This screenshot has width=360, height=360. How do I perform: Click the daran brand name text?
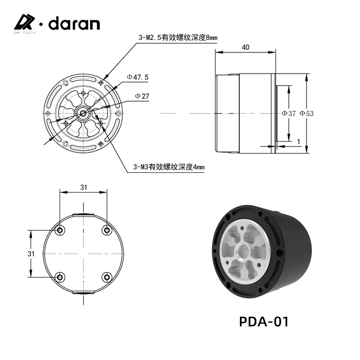(x=74, y=24)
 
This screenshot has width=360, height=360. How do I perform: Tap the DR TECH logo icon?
(x=24, y=23)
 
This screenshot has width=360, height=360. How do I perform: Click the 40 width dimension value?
(x=245, y=47)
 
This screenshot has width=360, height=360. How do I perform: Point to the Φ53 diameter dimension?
(x=306, y=113)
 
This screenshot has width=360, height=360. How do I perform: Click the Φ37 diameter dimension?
(x=288, y=113)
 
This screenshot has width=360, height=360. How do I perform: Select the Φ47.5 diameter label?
(x=138, y=76)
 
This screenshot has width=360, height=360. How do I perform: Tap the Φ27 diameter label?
(x=142, y=96)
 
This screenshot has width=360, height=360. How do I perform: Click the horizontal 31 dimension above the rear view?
(x=83, y=188)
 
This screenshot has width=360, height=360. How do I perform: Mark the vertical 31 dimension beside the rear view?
(x=31, y=253)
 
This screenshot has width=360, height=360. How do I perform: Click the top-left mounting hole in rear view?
(x=60, y=230)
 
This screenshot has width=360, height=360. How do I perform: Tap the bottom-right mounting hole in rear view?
(x=106, y=277)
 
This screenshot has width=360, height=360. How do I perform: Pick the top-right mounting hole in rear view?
(x=106, y=230)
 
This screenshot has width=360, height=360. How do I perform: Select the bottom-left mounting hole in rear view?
(x=60, y=277)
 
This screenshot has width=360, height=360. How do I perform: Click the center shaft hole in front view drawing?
(x=83, y=113)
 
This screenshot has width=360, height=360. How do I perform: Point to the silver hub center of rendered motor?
(x=244, y=252)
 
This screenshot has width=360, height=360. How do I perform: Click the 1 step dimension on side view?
(x=299, y=141)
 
